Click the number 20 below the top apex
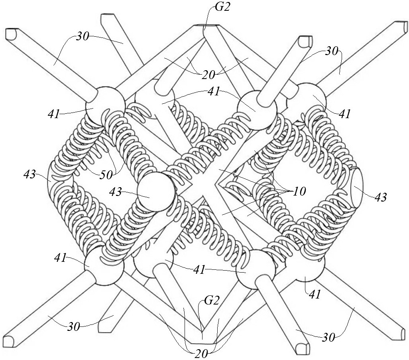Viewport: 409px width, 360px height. click(x=208, y=74)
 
